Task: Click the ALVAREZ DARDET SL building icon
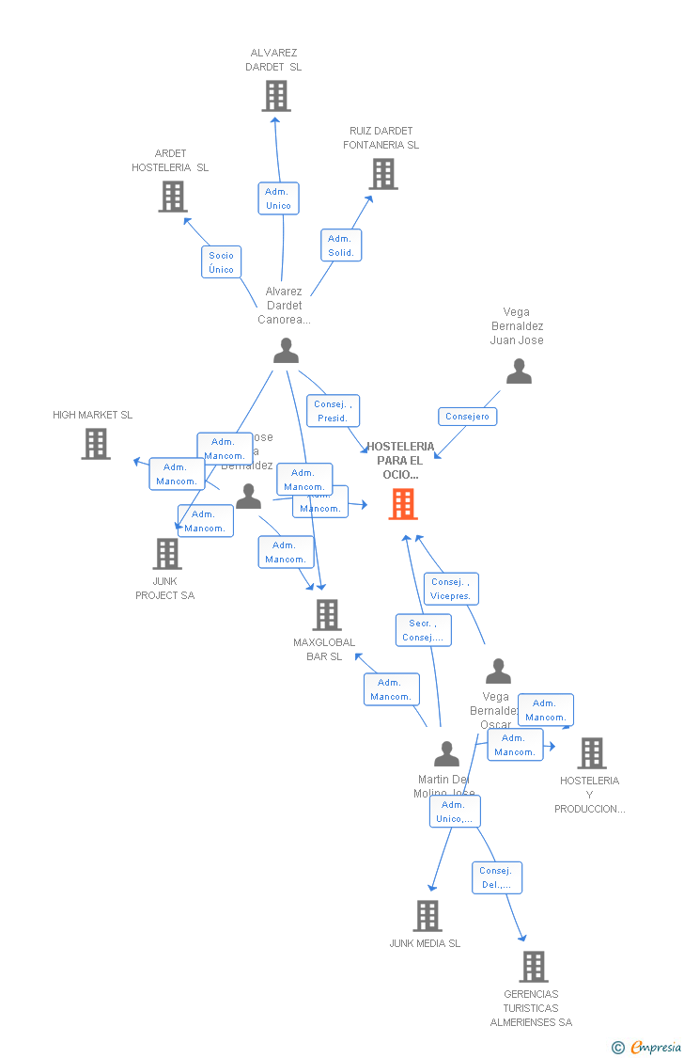click(276, 96)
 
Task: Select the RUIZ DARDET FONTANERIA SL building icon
click(382, 174)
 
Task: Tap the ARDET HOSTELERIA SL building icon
click(172, 197)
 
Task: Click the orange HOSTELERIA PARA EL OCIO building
click(403, 504)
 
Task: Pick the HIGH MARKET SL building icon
click(96, 444)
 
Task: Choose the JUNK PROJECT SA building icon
click(167, 554)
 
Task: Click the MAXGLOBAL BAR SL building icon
click(327, 615)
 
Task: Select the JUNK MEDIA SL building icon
click(427, 916)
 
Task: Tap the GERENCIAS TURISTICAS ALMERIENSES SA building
click(533, 967)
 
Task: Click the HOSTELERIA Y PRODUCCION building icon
click(591, 753)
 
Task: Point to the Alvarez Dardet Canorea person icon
click(286, 351)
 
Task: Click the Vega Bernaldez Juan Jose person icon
click(519, 371)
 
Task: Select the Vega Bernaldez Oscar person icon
click(498, 671)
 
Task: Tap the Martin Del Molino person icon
click(446, 753)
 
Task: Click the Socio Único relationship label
click(222, 262)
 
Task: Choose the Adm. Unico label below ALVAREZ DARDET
click(278, 198)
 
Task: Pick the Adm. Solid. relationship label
click(341, 245)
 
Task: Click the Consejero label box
click(467, 417)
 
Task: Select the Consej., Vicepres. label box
click(450, 589)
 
